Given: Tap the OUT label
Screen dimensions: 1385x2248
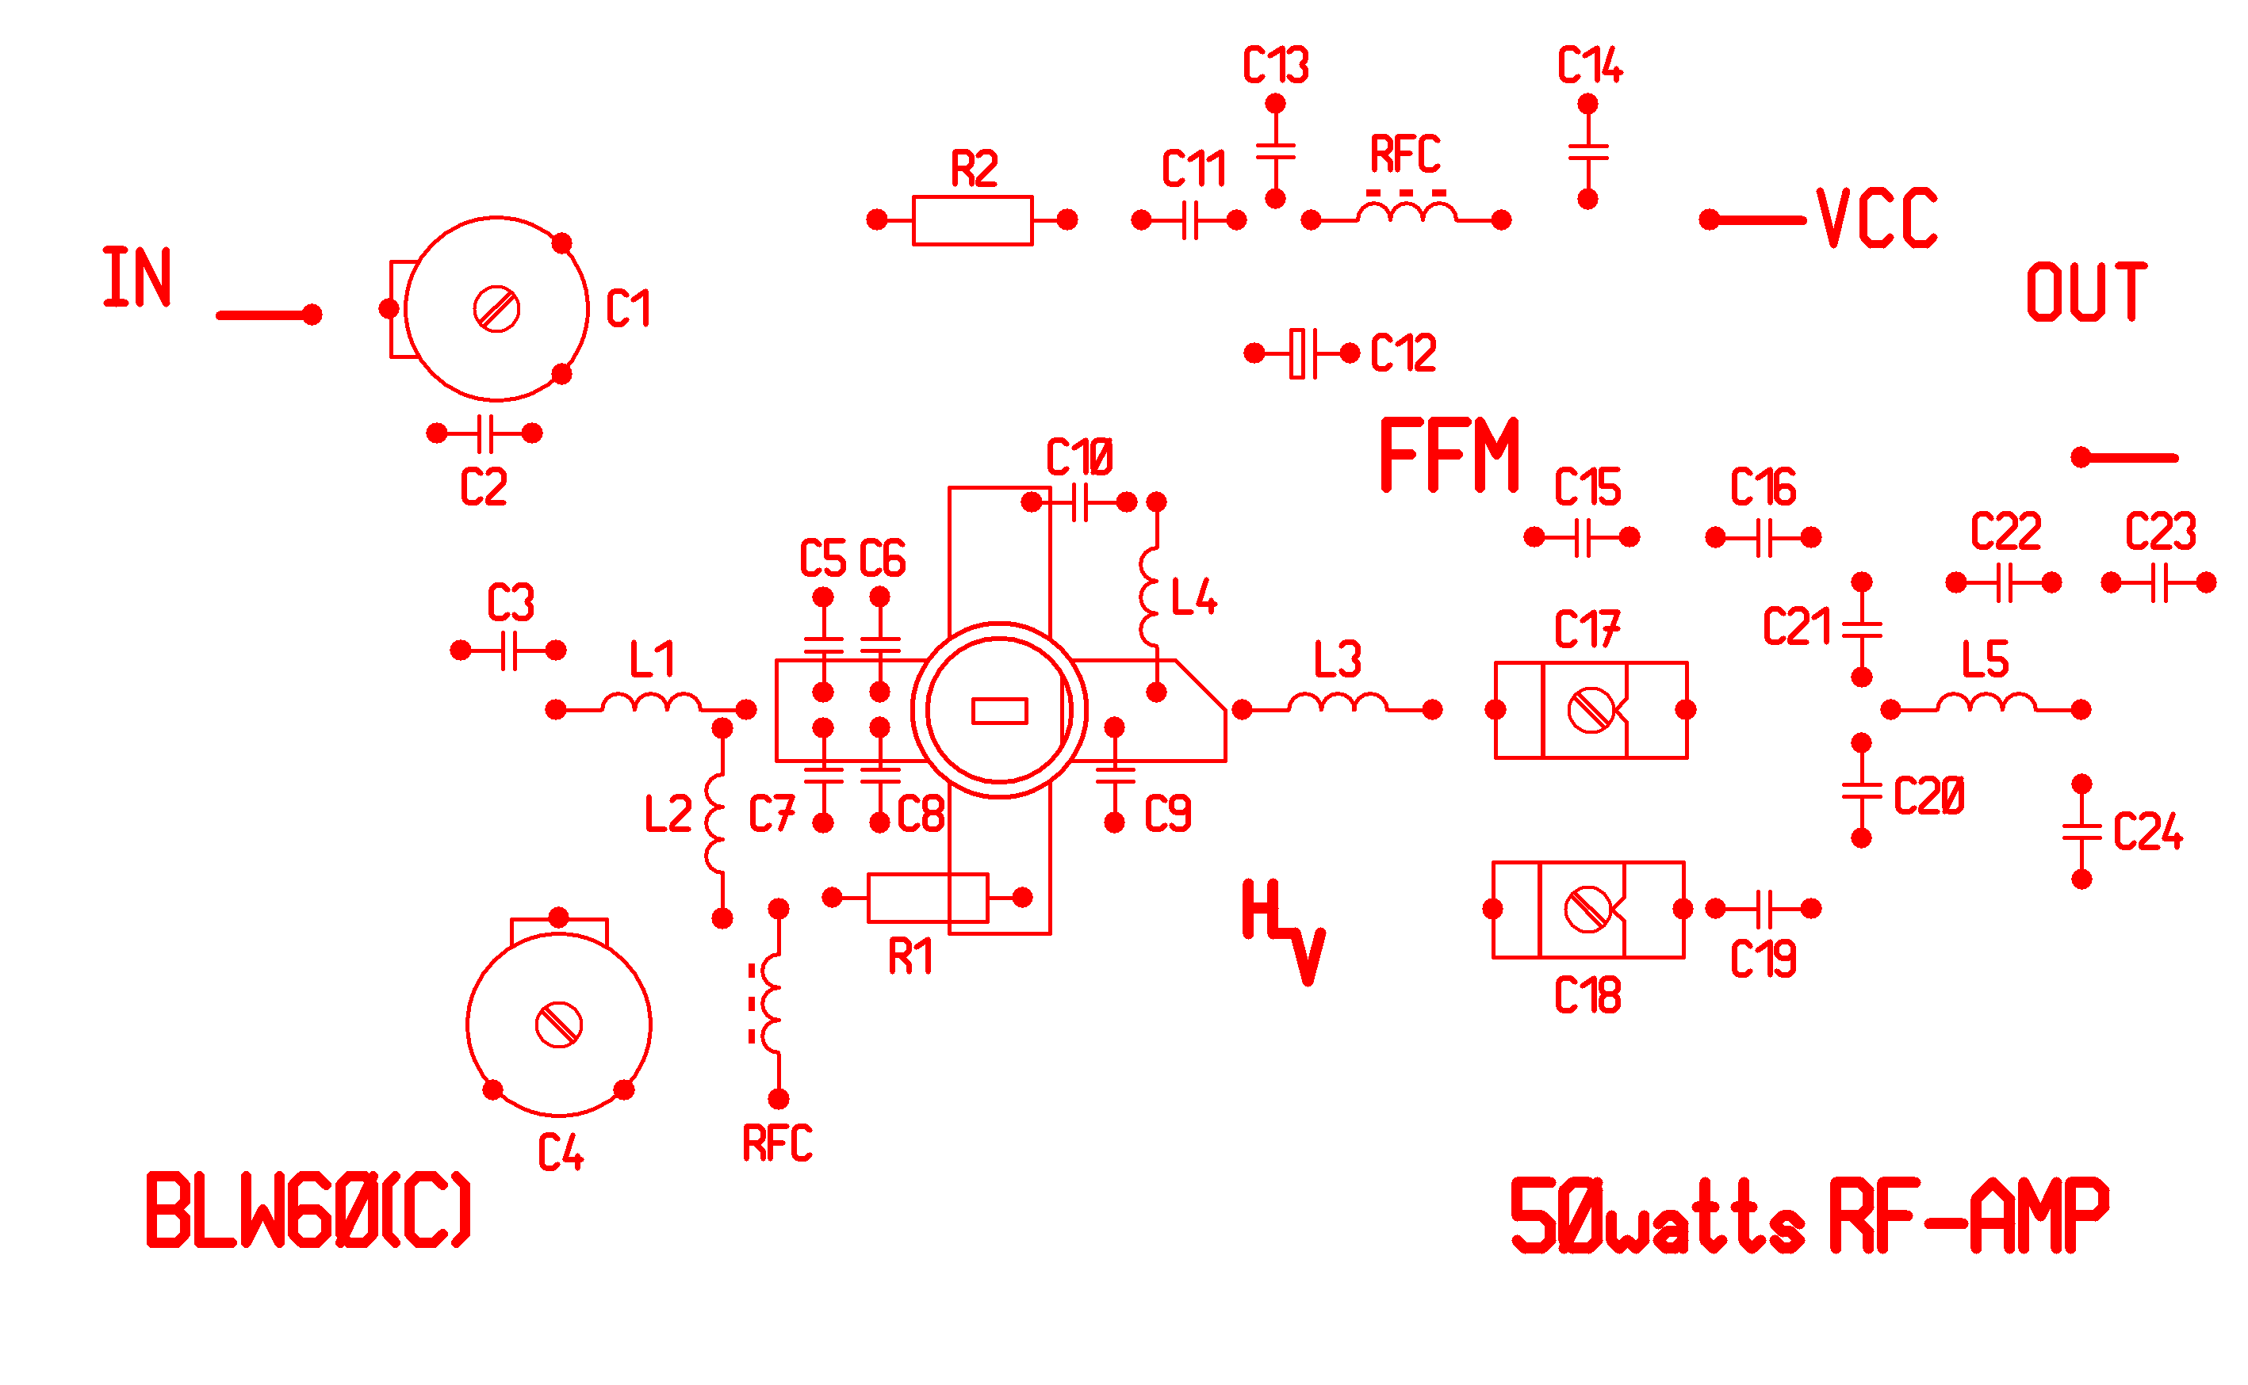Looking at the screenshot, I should click(x=2085, y=292).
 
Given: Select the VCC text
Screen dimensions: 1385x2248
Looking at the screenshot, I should click(x=1876, y=219).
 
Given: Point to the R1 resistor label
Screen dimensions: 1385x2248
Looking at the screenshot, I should click(x=910, y=957).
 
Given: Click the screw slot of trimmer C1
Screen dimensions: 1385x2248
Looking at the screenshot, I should click(x=496, y=310).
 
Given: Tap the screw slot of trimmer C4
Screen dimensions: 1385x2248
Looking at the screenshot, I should click(x=558, y=1024).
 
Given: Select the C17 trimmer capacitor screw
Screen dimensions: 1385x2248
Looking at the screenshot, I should click(x=1590, y=710).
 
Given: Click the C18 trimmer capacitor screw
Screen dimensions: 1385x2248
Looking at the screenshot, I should click(x=1587, y=910).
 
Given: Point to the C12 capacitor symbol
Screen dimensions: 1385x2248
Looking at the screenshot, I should click(x=1301, y=353).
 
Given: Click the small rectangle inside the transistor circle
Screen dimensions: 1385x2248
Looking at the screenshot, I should click(x=999, y=711).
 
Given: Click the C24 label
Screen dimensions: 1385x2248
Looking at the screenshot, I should click(x=2147, y=832).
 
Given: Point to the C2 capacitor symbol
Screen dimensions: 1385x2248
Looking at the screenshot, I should click(x=484, y=433).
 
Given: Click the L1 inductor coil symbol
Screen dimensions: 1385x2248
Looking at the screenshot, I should click(x=651, y=704).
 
